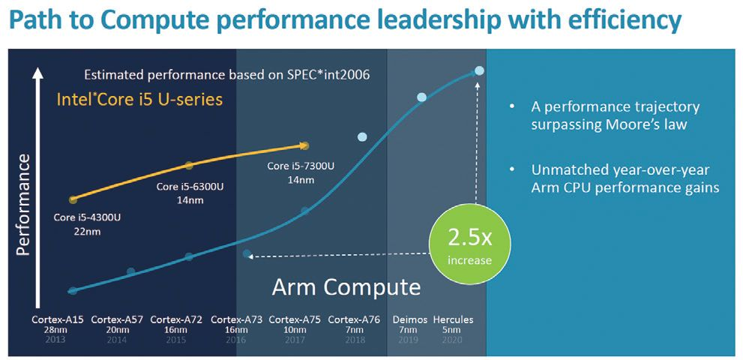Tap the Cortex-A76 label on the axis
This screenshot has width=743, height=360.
coord(354,319)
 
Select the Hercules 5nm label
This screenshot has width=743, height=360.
coord(453,325)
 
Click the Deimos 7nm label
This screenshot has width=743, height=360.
coord(409,325)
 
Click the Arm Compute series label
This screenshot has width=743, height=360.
coord(346,286)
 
